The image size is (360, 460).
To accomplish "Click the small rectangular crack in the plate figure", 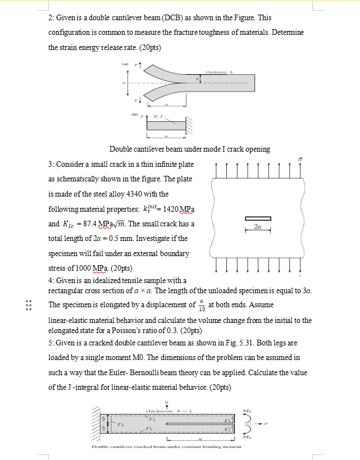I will tap(257, 218).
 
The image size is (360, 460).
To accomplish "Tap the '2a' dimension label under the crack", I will tap(257, 226).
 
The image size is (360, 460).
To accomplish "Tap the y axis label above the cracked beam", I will tap(166, 402).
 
